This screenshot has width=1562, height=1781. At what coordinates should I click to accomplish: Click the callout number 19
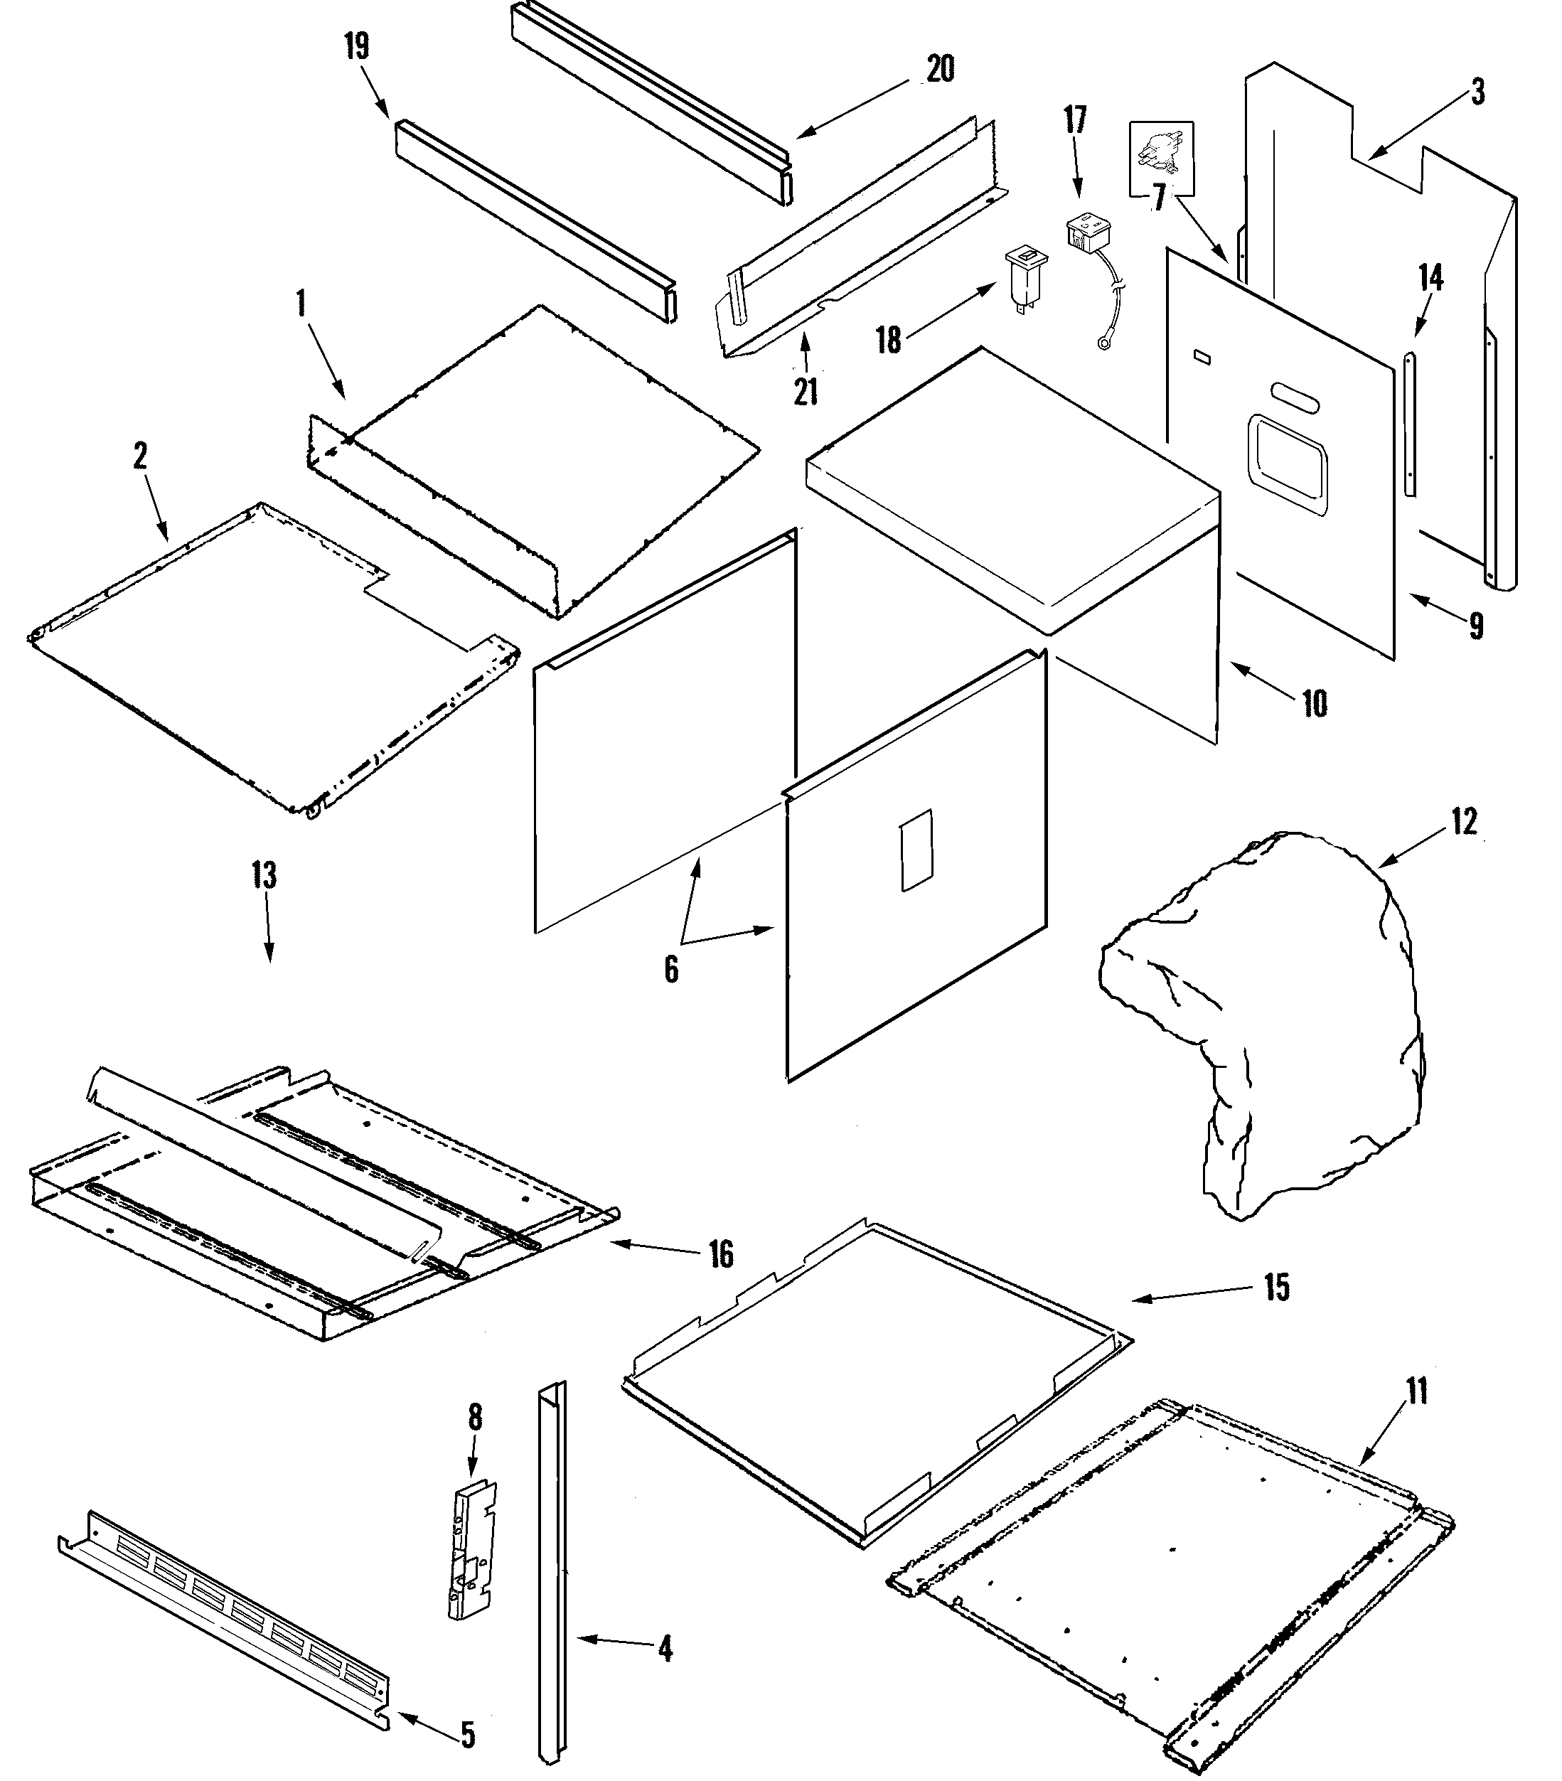click(x=356, y=46)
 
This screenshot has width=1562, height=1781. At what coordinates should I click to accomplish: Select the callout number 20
click(x=940, y=70)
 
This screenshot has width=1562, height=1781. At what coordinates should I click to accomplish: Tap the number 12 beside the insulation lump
click(x=1465, y=822)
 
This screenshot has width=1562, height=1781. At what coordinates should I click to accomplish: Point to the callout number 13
click(x=264, y=875)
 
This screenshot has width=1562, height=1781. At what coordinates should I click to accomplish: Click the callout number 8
click(x=475, y=1418)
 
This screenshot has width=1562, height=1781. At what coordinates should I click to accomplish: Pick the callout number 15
click(x=1277, y=1288)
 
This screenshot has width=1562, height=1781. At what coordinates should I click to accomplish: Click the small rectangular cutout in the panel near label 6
click(x=916, y=850)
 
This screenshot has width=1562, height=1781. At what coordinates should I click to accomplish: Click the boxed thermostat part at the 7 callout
click(x=1161, y=158)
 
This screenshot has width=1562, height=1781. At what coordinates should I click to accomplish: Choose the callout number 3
click(x=1478, y=92)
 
